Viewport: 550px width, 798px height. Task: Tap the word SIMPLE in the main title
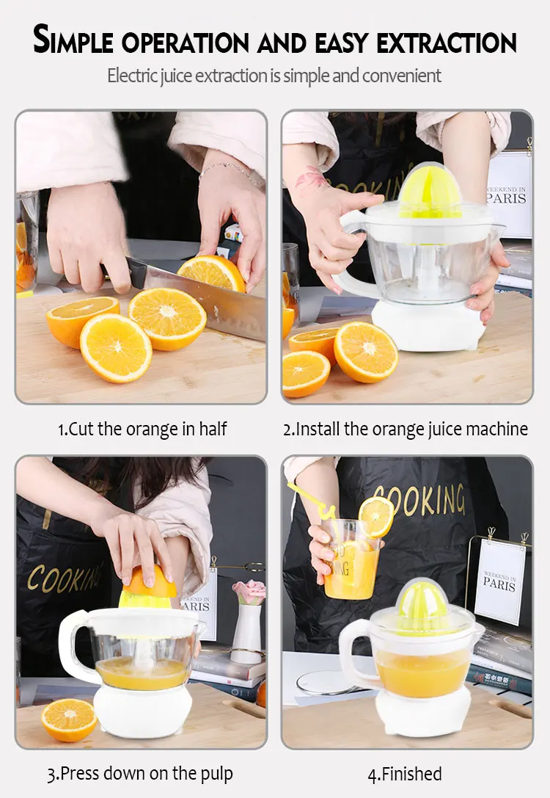coord(73,40)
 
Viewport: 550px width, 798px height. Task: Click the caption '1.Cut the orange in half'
coord(142,429)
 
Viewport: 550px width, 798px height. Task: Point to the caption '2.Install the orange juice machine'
coord(406,429)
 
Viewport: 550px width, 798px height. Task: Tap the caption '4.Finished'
coord(405,773)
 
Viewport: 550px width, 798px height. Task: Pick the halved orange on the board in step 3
coord(68,719)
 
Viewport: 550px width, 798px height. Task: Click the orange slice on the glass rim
coord(376,516)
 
